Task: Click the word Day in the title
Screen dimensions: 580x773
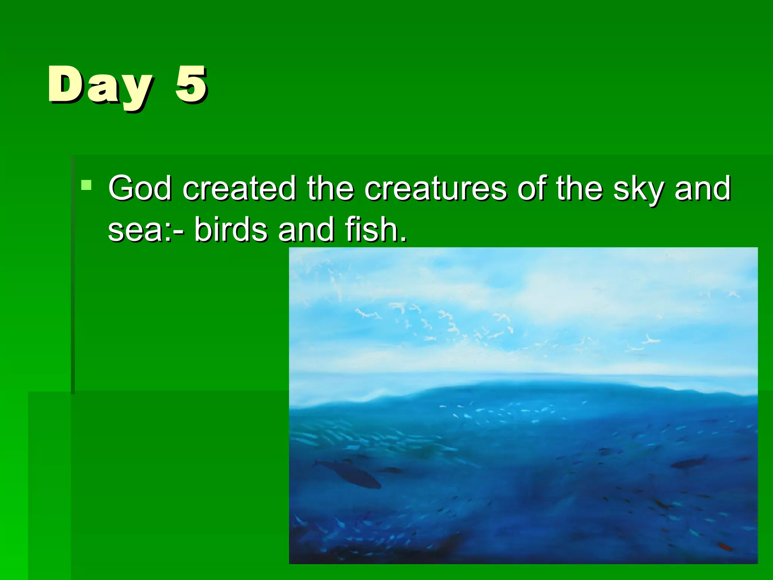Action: point(100,85)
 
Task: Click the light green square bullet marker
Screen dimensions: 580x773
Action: point(86,185)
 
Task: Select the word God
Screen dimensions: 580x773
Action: point(140,188)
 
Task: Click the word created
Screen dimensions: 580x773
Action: point(239,188)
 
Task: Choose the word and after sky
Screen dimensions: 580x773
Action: point(702,188)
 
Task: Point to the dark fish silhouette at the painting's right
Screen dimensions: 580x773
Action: point(689,463)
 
